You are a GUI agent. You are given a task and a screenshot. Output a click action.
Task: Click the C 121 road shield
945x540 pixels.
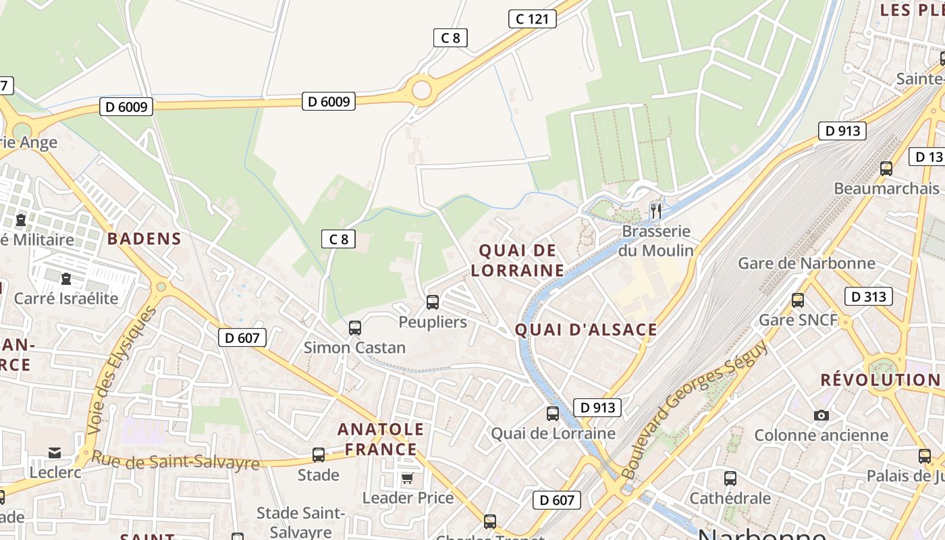532,19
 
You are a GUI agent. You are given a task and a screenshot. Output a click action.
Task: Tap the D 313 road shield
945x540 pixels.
868,296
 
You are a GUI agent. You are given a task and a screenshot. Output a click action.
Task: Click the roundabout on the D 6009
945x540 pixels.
421,90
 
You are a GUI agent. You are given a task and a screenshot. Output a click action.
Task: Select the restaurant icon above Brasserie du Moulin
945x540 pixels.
655,211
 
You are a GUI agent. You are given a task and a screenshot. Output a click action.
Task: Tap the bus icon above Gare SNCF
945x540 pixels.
798,300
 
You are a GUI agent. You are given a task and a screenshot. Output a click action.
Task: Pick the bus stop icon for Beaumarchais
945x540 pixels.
886,169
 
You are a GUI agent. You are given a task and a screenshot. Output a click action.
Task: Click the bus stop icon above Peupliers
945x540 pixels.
433,302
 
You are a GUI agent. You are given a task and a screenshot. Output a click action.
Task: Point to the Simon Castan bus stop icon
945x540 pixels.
354,328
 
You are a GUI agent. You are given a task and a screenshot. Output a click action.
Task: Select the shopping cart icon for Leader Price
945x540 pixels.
407,479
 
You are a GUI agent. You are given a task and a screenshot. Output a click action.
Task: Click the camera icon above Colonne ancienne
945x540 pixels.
821,415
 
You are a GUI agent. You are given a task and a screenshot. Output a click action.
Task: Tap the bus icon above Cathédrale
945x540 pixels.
730,479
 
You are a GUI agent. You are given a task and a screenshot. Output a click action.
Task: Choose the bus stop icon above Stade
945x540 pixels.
319,455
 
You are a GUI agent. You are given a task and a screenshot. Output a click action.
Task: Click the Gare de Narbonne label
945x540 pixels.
807,263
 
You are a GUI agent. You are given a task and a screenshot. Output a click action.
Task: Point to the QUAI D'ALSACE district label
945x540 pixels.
585,329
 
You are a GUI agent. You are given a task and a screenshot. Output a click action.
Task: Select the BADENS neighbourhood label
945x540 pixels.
144,238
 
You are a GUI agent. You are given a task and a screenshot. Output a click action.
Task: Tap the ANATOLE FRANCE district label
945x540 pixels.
381,439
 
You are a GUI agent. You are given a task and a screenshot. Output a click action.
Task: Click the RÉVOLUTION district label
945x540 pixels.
880,380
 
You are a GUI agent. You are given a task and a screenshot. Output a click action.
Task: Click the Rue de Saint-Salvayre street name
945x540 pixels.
175,461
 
